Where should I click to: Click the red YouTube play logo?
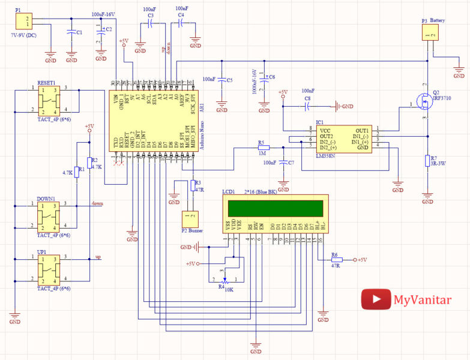[375, 299]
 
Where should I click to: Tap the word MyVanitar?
[422, 299]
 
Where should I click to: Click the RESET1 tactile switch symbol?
[48, 100]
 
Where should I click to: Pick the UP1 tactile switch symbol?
[48, 269]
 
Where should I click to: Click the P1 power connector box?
[23, 21]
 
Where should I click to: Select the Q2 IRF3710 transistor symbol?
[426, 106]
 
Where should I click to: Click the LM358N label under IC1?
[325, 155]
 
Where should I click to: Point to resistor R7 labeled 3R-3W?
[426, 160]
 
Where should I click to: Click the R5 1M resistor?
[263, 148]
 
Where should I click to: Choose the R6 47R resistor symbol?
[336, 260]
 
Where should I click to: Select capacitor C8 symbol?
[307, 106]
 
